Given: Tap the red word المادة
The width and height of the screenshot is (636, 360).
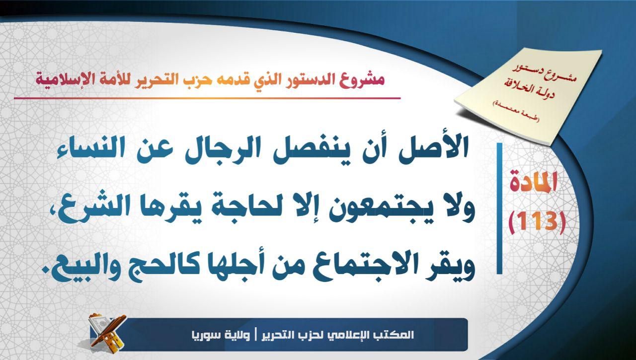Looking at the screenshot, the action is pos(534,183).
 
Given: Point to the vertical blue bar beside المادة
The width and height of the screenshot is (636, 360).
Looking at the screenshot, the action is pos(499,208).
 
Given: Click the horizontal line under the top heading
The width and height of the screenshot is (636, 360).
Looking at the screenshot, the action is pos(207,98).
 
